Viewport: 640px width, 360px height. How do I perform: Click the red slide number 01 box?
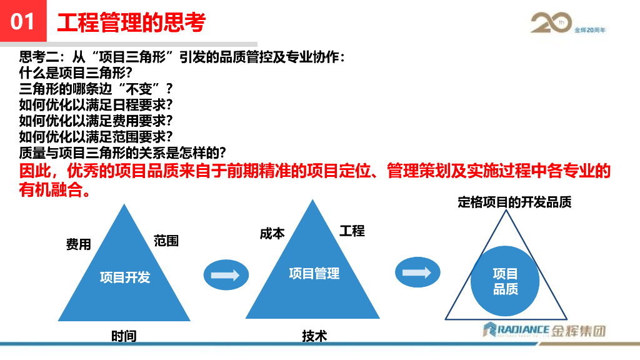[x=22, y=22]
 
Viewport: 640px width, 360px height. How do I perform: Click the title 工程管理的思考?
[x=131, y=22]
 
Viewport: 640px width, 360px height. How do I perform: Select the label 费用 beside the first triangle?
[x=79, y=244]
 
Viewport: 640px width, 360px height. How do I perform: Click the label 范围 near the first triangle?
[x=166, y=241]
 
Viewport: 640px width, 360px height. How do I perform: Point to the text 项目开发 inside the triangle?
[x=125, y=277]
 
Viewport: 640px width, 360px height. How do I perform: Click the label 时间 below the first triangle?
[x=124, y=336]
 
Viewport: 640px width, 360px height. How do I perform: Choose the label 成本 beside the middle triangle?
[x=272, y=233]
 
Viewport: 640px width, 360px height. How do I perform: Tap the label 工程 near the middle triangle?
[x=352, y=231]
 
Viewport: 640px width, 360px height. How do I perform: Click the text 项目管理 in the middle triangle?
[x=314, y=273]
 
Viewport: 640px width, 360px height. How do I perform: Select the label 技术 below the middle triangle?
[x=314, y=336]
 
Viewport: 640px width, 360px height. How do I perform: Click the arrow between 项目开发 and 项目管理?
[x=222, y=275]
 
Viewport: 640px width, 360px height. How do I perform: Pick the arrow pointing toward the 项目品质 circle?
[x=417, y=273]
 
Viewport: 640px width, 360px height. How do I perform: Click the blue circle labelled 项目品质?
[x=505, y=281]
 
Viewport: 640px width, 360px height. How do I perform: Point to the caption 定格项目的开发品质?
[x=514, y=202]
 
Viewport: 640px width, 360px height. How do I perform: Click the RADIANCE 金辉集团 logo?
[x=543, y=330]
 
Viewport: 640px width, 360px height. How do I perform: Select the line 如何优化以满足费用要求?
[x=96, y=119]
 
